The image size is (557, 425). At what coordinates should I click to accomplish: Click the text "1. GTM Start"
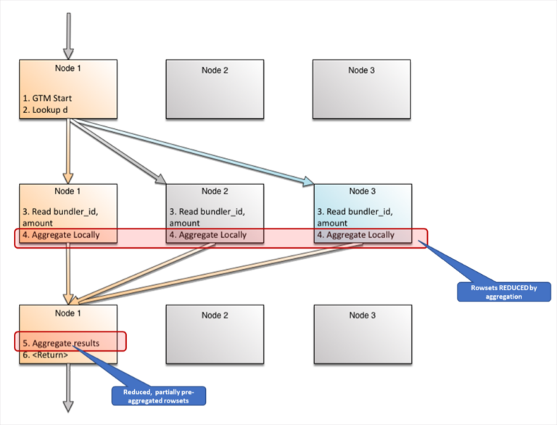(x=47, y=97)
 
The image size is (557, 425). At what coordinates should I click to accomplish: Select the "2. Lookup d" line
(x=45, y=110)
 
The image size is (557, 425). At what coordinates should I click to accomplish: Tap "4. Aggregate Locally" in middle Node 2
(x=207, y=235)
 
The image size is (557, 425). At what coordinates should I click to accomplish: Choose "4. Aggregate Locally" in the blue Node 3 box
(x=355, y=235)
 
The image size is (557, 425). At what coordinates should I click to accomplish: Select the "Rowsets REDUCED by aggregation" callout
(x=503, y=292)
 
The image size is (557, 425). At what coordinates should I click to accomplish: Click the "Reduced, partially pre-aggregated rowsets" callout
(x=158, y=395)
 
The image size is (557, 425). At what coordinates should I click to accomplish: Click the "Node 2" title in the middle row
(x=215, y=191)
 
